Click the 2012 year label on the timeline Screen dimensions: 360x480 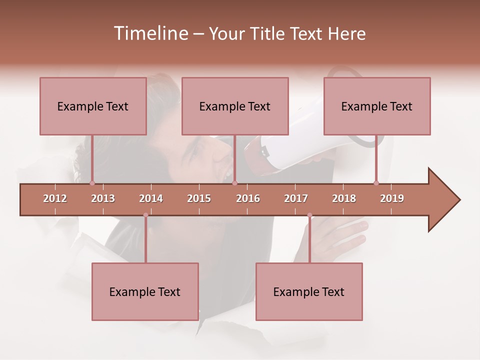click(x=55, y=198)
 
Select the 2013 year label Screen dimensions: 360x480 click(x=103, y=198)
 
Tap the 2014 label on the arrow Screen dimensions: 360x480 click(x=151, y=198)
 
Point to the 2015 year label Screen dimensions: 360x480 click(x=199, y=198)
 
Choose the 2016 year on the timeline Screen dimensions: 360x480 click(x=248, y=198)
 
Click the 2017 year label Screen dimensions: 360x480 click(x=296, y=198)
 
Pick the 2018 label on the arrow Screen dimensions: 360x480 click(x=344, y=198)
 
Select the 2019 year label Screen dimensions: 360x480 click(x=392, y=198)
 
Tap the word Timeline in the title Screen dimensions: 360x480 click(x=149, y=33)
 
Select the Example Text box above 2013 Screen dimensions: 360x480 click(x=93, y=106)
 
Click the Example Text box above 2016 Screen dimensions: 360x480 click(x=235, y=106)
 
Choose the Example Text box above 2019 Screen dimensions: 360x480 click(x=377, y=106)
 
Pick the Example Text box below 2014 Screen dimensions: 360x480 click(x=145, y=291)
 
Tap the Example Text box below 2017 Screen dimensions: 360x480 click(x=309, y=291)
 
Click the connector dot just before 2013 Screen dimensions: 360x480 click(x=92, y=183)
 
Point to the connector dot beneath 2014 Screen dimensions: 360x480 click(x=145, y=215)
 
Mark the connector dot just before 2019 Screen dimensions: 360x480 click(x=376, y=183)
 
